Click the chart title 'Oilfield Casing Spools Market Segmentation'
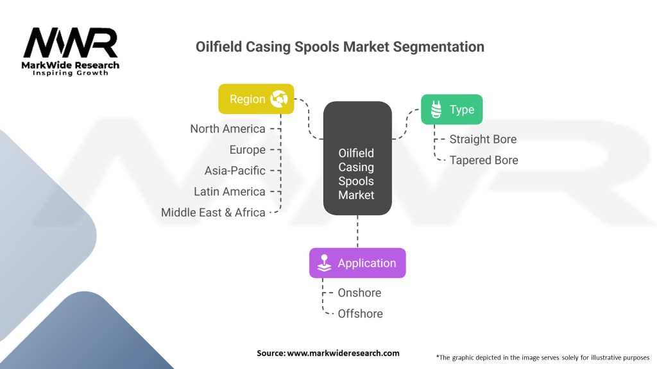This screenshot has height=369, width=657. tap(339, 47)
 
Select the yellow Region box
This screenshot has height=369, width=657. tap(256, 99)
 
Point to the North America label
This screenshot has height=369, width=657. tap(227, 129)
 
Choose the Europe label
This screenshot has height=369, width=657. tap(247, 150)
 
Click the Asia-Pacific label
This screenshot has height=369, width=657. tap(234, 171)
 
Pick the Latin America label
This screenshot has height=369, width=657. tap(229, 192)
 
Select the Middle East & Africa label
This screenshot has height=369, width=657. tap(213, 213)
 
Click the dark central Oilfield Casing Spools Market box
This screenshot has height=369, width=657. tap(357, 167)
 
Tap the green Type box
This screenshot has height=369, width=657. tap(452, 110)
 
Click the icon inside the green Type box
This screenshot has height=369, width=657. tap(436, 110)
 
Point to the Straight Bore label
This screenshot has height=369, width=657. tap(482, 139)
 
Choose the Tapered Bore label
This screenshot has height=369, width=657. tap(483, 160)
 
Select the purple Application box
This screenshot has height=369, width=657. tap(357, 263)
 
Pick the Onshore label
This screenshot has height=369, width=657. tap(359, 293)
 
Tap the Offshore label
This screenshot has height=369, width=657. tap(360, 313)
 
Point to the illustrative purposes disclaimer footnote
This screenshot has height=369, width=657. tap(542, 357)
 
